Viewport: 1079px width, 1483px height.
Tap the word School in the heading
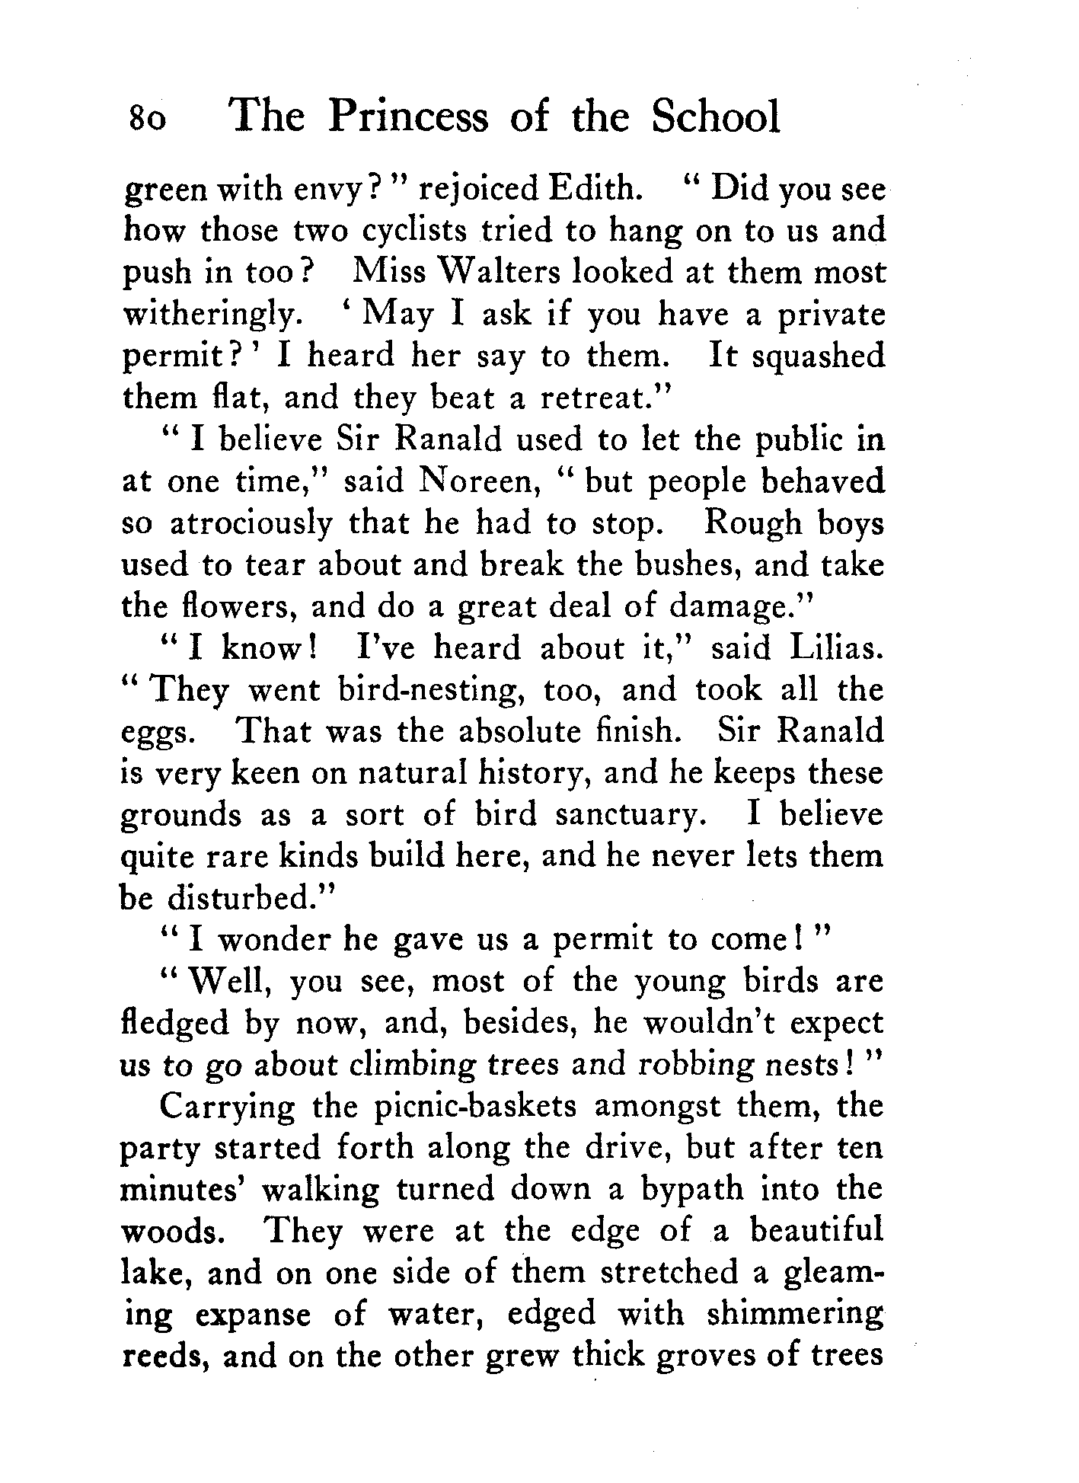(717, 117)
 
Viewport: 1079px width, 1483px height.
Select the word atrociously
(251, 524)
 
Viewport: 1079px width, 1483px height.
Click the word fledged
(174, 1024)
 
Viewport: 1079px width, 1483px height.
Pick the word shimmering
(795, 1315)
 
